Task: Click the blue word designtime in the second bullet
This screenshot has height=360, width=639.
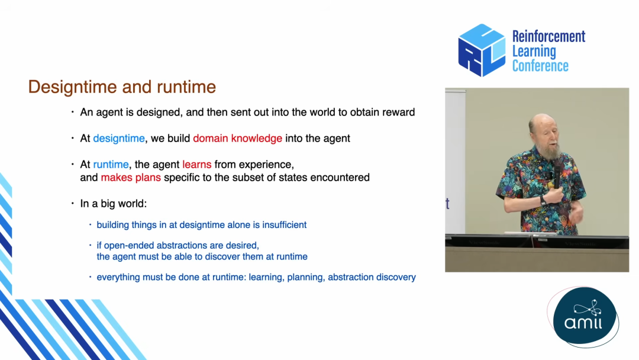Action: pos(119,139)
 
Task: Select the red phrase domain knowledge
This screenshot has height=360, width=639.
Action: pos(238,139)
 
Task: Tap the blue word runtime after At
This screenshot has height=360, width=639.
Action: pos(111,165)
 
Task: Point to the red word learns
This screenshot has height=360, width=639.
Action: pos(197,164)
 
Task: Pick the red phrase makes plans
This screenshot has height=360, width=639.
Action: pos(131,178)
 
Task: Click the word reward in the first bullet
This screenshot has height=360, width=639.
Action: pos(399,112)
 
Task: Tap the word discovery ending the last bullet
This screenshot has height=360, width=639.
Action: pos(396,277)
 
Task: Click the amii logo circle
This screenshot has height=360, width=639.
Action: pos(585,317)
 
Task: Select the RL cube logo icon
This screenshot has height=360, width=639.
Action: pos(482,50)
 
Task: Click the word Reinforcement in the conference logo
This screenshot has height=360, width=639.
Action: pos(548,37)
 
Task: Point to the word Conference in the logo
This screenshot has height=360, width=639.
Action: pos(540,66)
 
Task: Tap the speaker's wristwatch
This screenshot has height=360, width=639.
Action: pos(543,201)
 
